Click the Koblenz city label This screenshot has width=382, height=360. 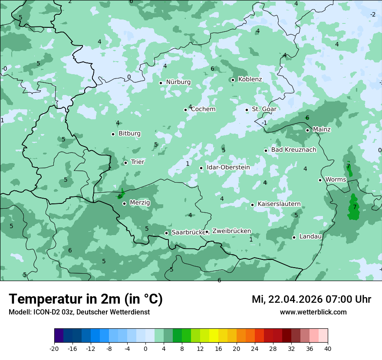(x=250, y=79)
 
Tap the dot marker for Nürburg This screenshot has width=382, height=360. (x=161, y=82)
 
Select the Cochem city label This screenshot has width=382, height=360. (x=203, y=109)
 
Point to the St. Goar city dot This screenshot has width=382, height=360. (x=247, y=110)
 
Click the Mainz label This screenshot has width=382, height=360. (x=322, y=130)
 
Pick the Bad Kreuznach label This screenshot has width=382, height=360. (x=293, y=150)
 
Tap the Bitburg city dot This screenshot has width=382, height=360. (x=113, y=134)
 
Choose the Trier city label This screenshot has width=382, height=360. (x=137, y=162)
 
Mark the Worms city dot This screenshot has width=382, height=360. (x=320, y=180)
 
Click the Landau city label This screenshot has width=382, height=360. (x=310, y=237)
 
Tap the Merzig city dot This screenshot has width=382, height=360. (x=124, y=203)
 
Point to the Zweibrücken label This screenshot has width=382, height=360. (x=231, y=231)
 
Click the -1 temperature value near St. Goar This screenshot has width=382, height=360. (x=264, y=123)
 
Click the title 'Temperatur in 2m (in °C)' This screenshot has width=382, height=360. (x=86, y=299)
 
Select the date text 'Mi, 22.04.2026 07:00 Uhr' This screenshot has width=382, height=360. (x=311, y=299)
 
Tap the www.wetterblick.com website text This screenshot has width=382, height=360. (x=313, y=312)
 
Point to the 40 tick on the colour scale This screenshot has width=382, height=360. (x=327, y=349)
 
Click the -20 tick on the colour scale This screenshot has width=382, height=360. (x=54, y=349)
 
